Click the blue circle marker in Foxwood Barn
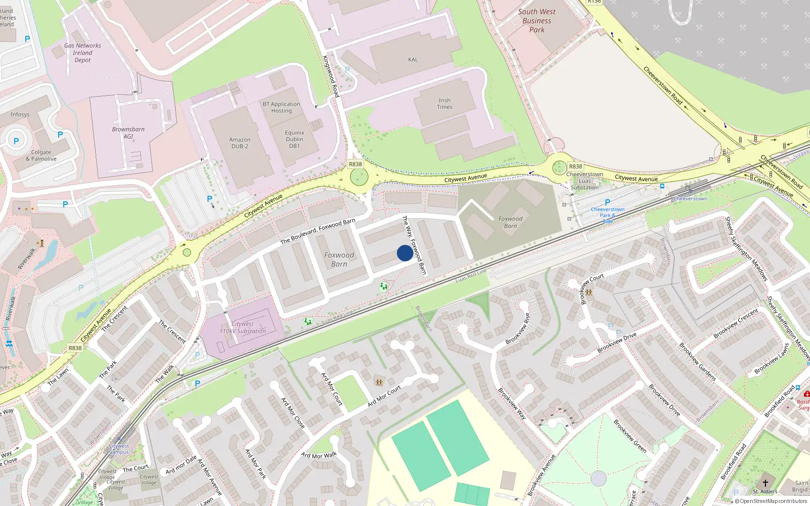point(404,253)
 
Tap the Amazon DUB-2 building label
point(239,143)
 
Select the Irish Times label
point(444,104)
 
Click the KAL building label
point(413,60)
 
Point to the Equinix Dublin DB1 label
point(294,139)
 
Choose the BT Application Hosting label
point(281,107)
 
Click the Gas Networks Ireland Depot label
point(83,53)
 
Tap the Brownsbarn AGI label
point(128,133)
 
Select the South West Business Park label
point(537,21)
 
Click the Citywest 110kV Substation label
point(242,327)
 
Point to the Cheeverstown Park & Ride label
point(607,215)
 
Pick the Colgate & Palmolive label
point(41,155)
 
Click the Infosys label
point(20,114)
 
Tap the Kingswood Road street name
point(331,76)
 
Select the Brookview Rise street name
point(517,329)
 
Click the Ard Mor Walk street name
point(319,455)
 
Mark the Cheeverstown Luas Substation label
point(585,181)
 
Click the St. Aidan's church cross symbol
point(765,483)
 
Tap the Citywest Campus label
point(119,449)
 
